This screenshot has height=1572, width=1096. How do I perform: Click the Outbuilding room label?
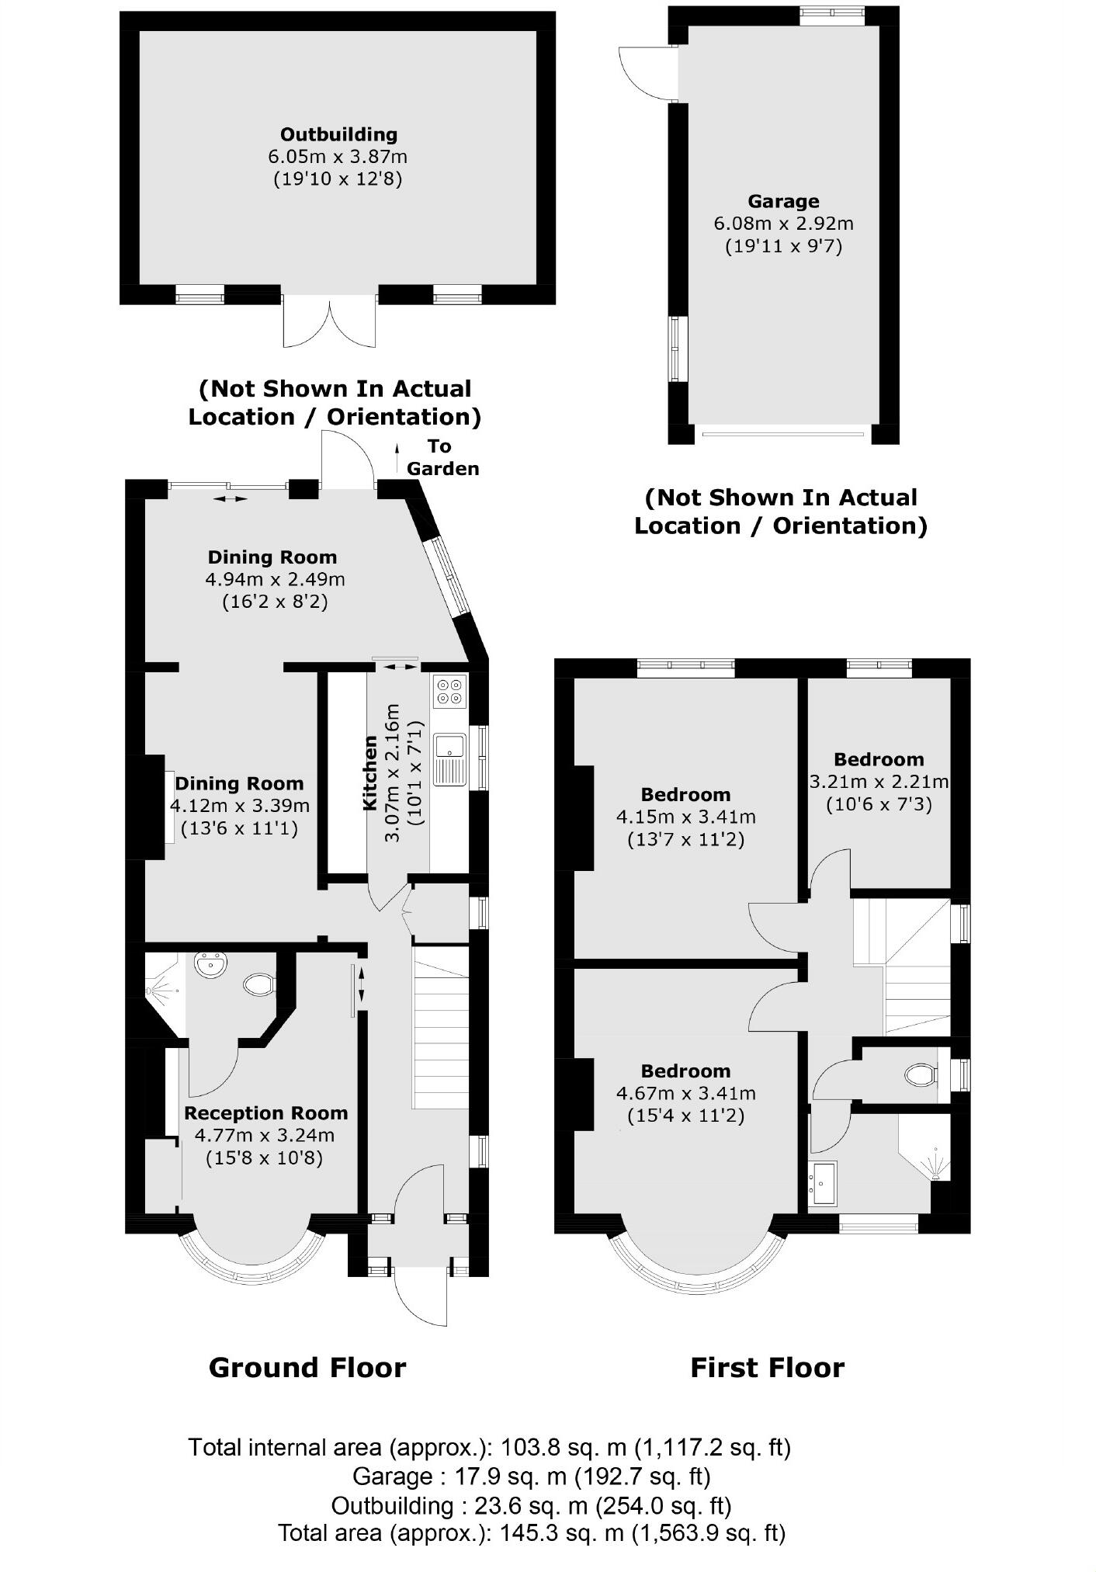pos(338,134)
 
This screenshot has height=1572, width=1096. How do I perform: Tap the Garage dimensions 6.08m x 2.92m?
pos(782,224)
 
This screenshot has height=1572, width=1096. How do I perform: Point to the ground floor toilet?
pos(259,985)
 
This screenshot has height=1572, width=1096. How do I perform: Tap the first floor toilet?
pos(919,1075)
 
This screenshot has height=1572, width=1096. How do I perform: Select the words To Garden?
pos(442,457)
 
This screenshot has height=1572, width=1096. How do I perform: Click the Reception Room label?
pos(265,1113)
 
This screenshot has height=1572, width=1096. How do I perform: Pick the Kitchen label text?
pos(371,773)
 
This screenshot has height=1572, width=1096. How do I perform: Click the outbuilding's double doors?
pos(331,321)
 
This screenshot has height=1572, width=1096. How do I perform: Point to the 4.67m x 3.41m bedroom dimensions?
pos(685,1093)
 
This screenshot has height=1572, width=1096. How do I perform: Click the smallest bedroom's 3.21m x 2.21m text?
pos(879,782)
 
